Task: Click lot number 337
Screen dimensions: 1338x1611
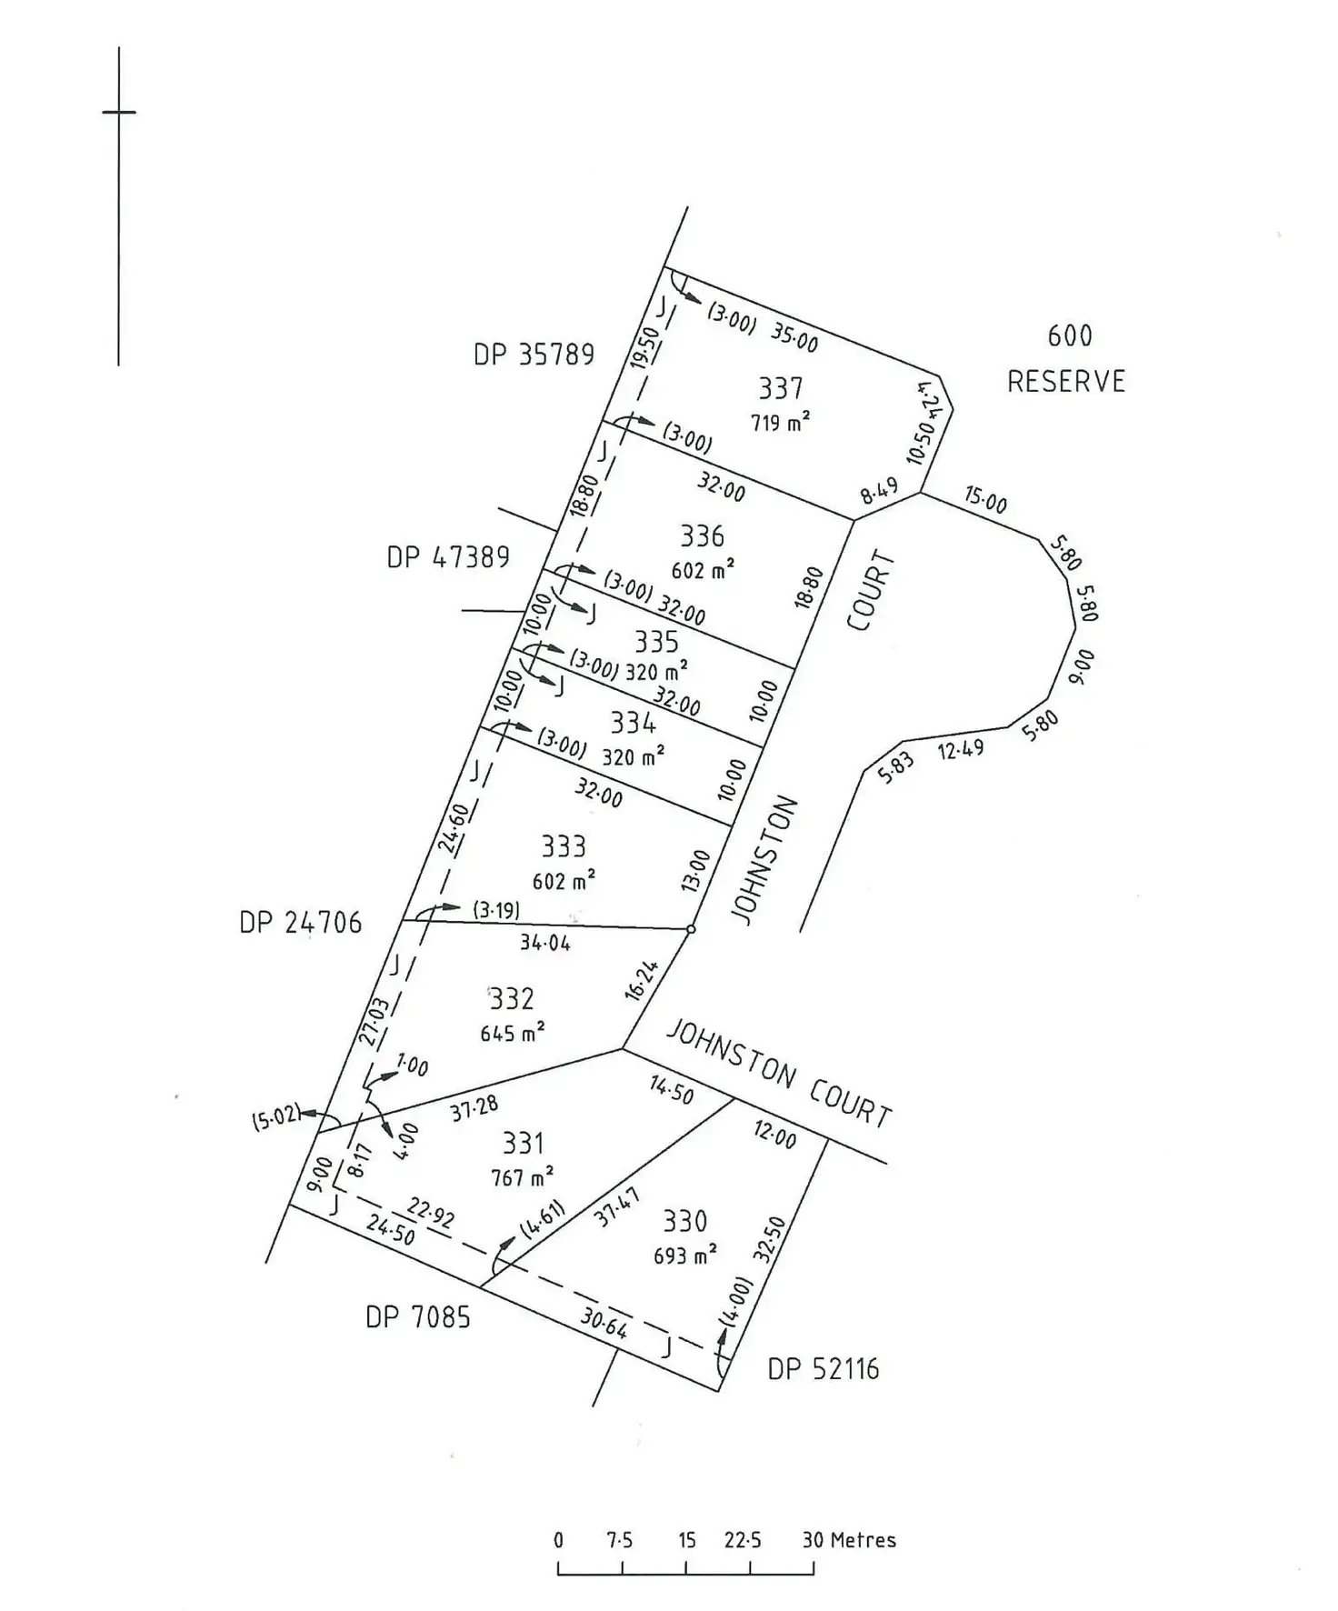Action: point(781,388)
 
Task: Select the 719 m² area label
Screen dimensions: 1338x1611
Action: point(780,422)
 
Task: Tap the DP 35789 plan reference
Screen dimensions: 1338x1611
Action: point(534,355)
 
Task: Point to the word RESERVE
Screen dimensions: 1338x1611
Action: point(1066,381)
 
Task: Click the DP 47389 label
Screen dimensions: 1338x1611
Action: point(448,556)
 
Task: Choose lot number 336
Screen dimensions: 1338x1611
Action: point(703,535)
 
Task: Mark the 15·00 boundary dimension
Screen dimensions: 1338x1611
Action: point(986,500)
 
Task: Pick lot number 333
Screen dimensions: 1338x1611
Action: point(564,846)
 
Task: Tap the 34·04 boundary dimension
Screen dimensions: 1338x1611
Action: point(545,943)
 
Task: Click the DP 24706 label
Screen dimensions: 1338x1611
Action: point(300,923)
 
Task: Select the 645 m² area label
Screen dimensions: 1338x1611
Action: point(513,1033)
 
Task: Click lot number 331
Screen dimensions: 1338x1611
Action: point(523,1143)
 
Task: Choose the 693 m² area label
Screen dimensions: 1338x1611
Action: point(685,1255)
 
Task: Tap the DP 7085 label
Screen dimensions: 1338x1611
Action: point(418,1316)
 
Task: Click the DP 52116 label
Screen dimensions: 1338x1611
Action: point(824,1369)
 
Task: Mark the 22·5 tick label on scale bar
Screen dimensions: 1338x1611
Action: point(743,1540)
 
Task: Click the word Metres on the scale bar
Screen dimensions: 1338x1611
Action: point(863,1540)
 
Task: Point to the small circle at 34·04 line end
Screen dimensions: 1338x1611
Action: point(691,929)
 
